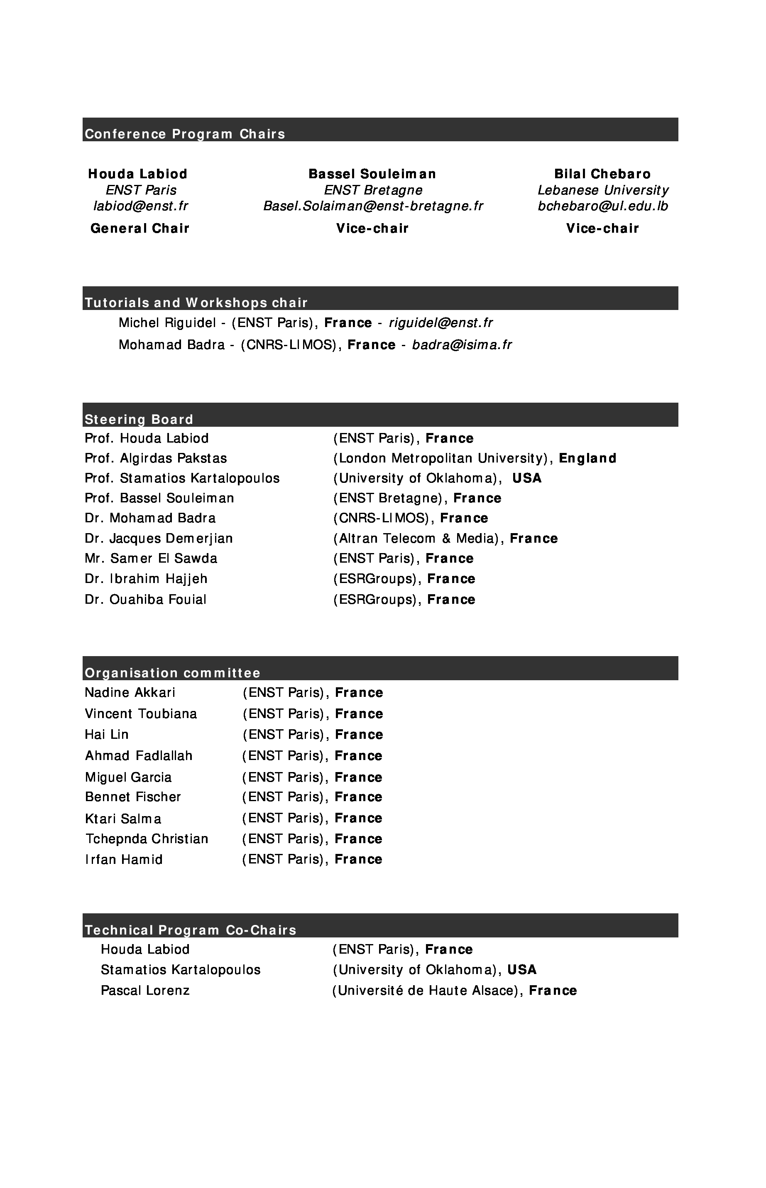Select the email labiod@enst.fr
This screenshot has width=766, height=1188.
[x=141, y=206]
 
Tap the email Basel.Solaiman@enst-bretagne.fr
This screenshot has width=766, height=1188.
[x=373, y=206]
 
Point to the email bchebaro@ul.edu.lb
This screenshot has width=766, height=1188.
[x=603, y=206]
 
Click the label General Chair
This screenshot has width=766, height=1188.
[x=140, y=229]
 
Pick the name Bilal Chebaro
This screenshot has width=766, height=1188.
[x=602, y=174]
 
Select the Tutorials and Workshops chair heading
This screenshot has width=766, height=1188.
[x=196, y=303]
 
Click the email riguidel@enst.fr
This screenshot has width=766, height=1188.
[x=441, y=323]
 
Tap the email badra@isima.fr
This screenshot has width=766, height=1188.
[x=462, y=345]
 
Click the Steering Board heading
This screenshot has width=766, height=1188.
[x=139, y=420]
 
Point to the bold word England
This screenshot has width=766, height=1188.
[x=587, y=458]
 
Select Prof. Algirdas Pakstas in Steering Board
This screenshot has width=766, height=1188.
[x=156, y=458]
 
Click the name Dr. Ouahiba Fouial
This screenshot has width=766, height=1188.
[x=145, y=599]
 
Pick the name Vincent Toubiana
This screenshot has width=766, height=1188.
[x=141, y=714]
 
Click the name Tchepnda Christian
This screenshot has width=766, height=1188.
[x=147, y=839]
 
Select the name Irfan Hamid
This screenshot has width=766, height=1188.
[x=124, y=859]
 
